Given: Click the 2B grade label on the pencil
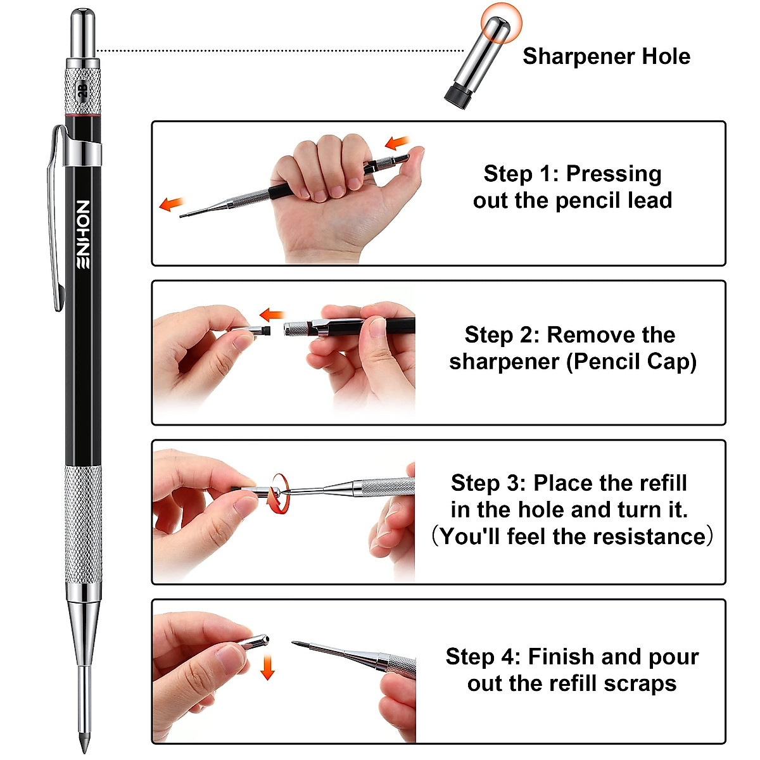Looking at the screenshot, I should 82,90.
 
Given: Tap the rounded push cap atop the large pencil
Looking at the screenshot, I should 82,32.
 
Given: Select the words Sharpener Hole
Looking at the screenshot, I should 606,56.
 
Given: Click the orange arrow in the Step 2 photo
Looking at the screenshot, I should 273,314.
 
